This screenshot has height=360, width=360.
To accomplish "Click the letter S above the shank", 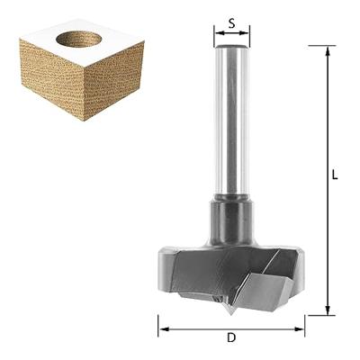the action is click(x=231, y=23).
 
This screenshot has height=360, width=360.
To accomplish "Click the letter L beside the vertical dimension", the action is click(x=335, y=175).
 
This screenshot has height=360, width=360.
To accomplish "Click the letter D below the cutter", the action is click(x=231, y=337).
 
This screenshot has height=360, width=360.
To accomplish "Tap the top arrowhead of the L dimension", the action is click(x=328, y=51).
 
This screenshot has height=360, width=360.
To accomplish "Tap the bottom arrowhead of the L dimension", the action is click(x=328, y=310).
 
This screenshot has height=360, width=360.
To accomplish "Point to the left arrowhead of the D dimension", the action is click(x=164, y=329).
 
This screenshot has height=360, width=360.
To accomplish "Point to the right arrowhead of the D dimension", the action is click(x=299, y=329).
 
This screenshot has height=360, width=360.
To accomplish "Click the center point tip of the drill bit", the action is click(x=230, y=314).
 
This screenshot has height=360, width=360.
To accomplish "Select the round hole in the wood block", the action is click(x=79, y=39).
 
